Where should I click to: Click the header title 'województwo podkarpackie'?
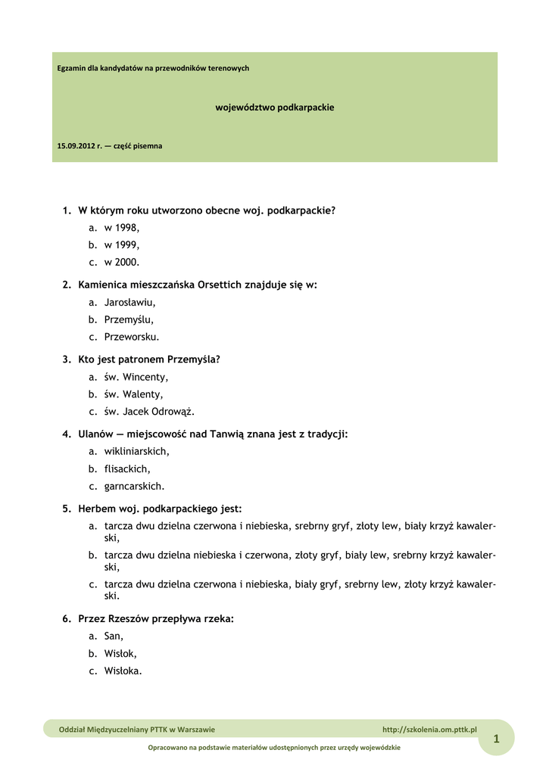275,107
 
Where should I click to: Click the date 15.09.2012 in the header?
79,145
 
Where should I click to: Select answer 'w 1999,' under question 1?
122,244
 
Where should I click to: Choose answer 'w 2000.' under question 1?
122,262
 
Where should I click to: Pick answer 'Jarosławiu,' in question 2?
129,302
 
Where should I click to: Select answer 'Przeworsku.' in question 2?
132,337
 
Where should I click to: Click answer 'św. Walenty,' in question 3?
133,394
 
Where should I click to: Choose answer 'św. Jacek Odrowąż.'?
149,412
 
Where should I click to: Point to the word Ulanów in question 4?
95,434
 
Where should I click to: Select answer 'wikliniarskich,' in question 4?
136,451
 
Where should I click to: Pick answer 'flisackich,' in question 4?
127,469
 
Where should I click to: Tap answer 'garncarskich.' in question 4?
134,487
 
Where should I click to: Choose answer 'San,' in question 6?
114,636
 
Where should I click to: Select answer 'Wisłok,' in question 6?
120,654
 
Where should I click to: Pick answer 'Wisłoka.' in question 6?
123,671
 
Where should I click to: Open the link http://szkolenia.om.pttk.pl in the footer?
429,730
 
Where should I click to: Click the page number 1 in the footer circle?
496,738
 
